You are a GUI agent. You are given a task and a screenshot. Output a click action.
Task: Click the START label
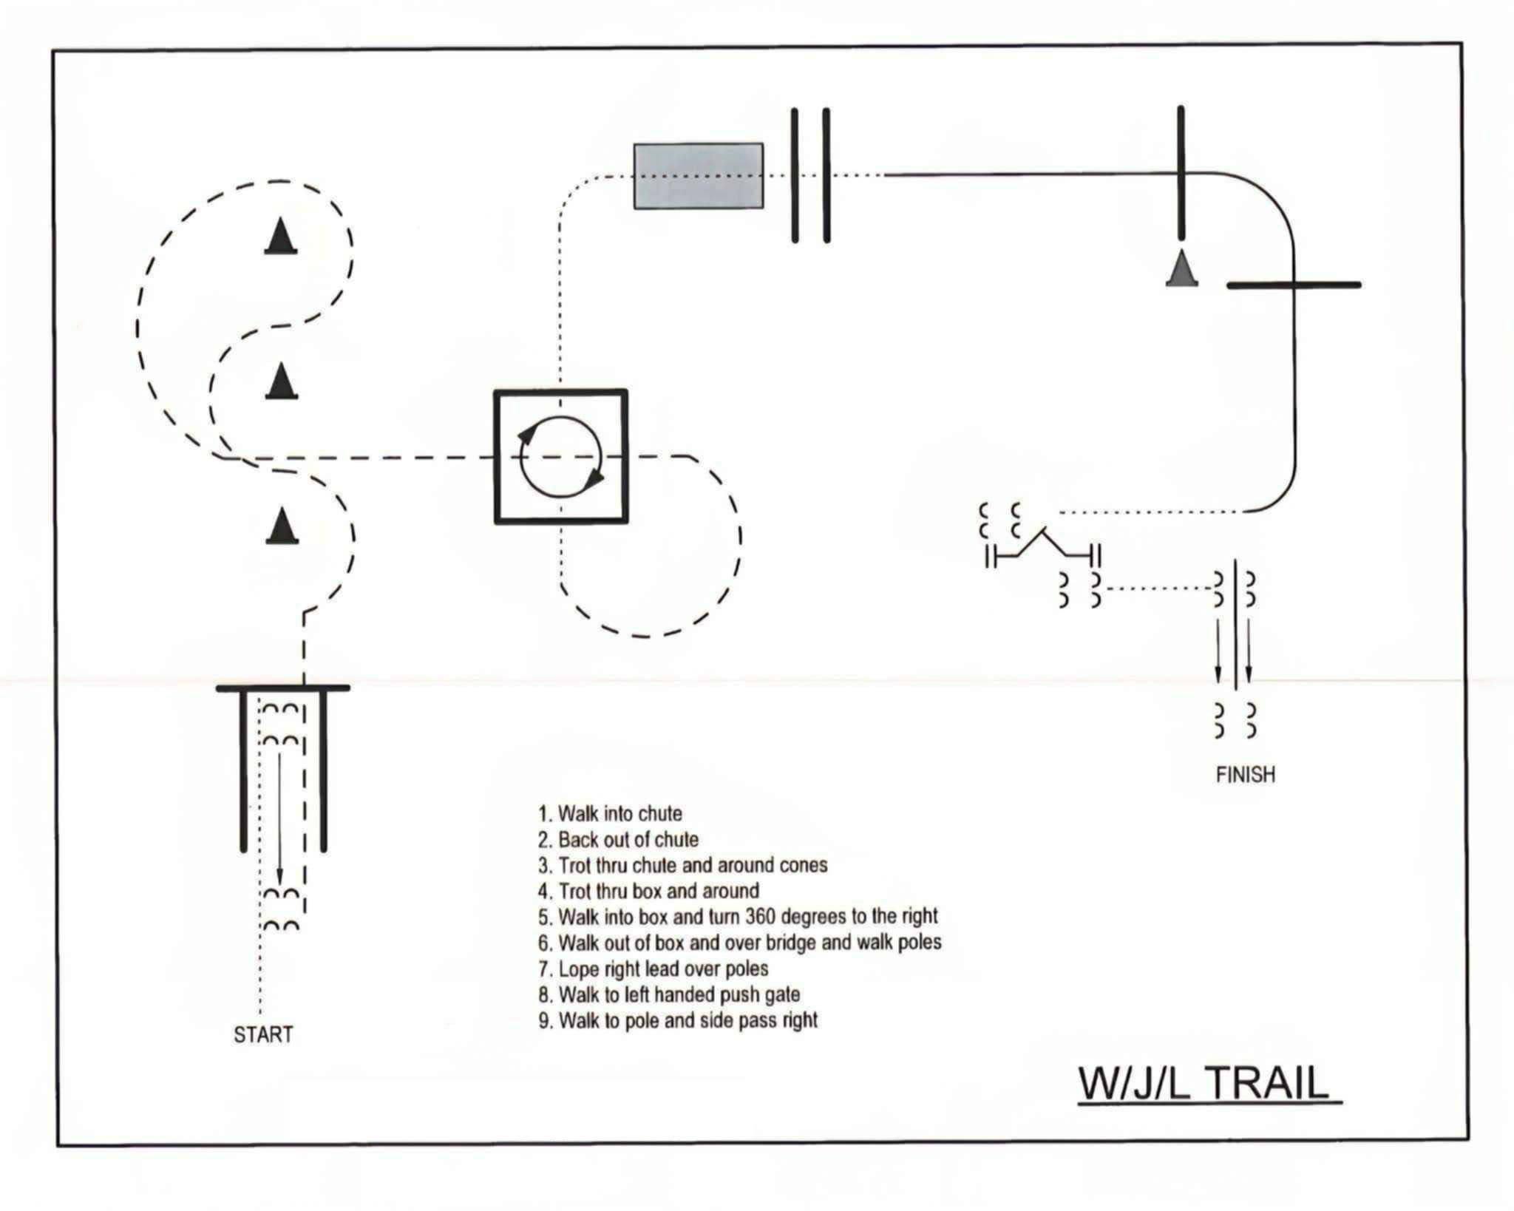[x=263, y=1034]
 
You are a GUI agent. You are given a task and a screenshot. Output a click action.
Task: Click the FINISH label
[x=1246, y=775]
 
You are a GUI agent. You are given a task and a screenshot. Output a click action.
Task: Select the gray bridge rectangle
[x=699, y=176]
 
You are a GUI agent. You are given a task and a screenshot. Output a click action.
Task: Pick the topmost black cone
[x=281, y=237]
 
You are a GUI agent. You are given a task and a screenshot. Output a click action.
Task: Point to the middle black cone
[x=281, y=381]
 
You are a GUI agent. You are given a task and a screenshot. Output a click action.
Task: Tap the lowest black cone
[x=282, y=526]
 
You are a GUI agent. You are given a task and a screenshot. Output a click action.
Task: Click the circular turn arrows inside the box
[x=561, y=457]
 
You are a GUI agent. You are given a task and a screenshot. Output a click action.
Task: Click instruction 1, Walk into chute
[x=610, y=814]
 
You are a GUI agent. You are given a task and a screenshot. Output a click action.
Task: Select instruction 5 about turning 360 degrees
[x=738, y=917]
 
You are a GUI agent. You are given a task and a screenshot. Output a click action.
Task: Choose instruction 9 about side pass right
[x=678, y=1020]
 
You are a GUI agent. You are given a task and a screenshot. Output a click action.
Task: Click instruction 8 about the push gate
[x=669, y=994]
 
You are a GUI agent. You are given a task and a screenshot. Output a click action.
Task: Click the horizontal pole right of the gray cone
[x=1294, y=285]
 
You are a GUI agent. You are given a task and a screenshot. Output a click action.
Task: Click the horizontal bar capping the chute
[x=282, y=688]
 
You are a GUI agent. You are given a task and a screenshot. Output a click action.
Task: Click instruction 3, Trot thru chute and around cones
[x=682, y=865]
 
